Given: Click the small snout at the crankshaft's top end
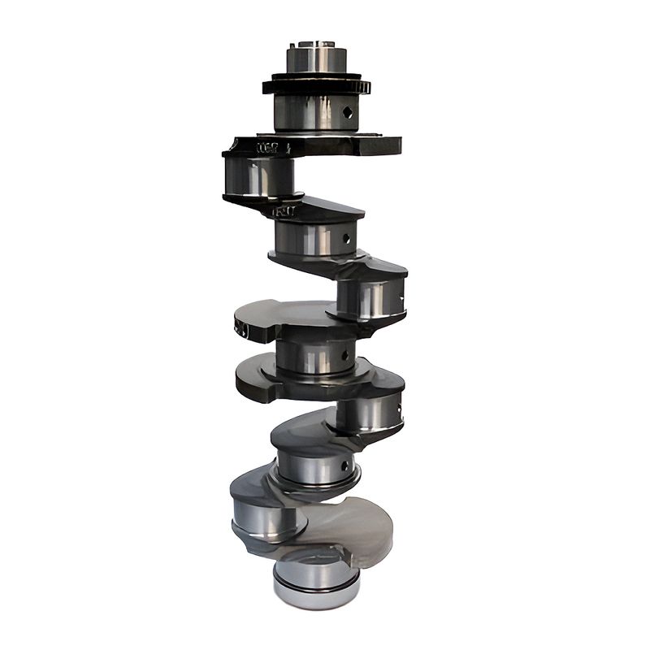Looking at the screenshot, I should (x=316, y=57).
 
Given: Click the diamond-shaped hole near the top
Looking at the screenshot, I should (x=348, y=112).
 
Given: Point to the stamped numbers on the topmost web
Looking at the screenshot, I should (x=267, y=148).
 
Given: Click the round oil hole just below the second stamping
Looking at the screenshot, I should (x=346, y=239).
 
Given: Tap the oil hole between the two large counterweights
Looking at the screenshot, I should (x=345, y=354).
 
